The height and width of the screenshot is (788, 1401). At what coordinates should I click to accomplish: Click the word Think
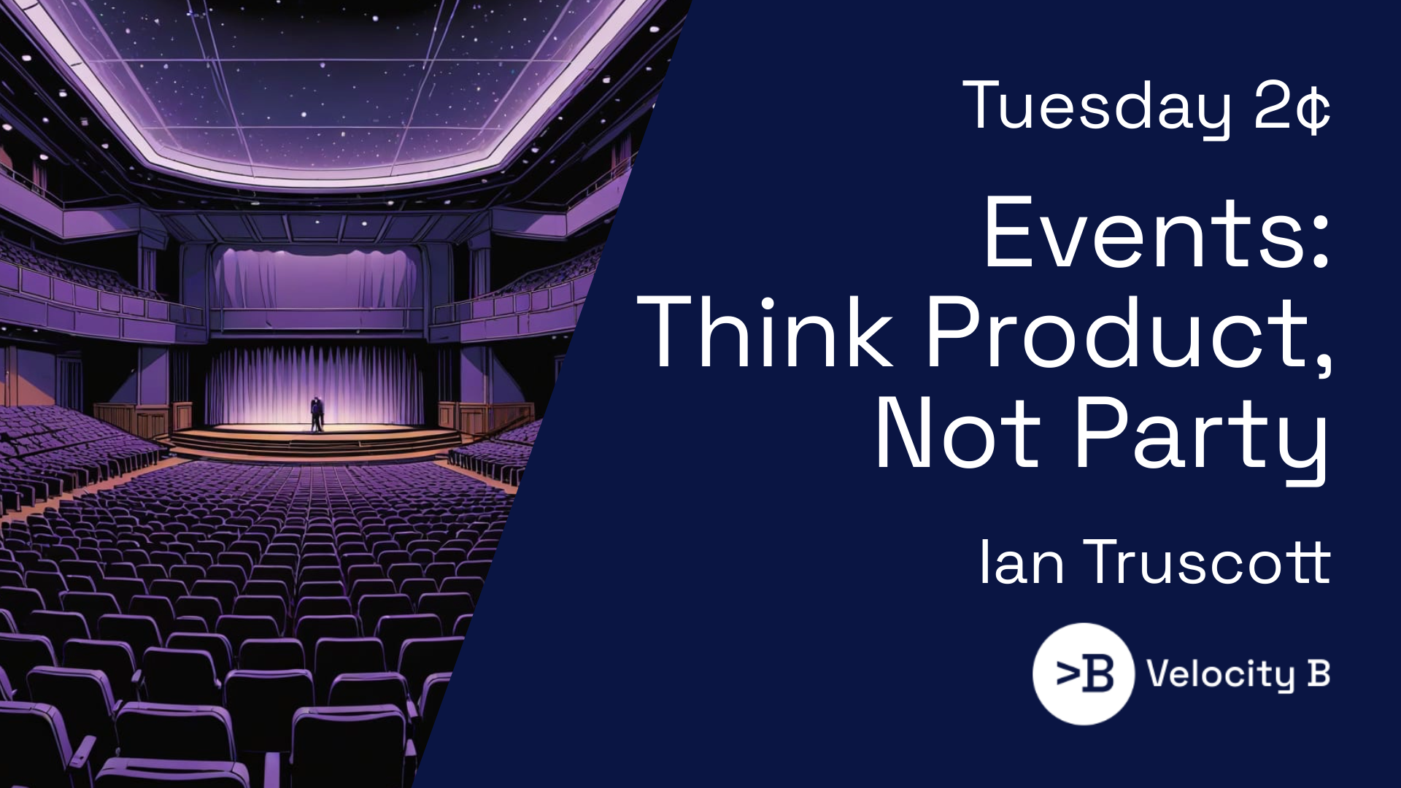point(765,332)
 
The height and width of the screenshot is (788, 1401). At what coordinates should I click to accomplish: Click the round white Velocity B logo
point(1084,673)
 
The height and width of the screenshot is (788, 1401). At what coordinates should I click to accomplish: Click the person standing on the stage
point(317,414)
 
